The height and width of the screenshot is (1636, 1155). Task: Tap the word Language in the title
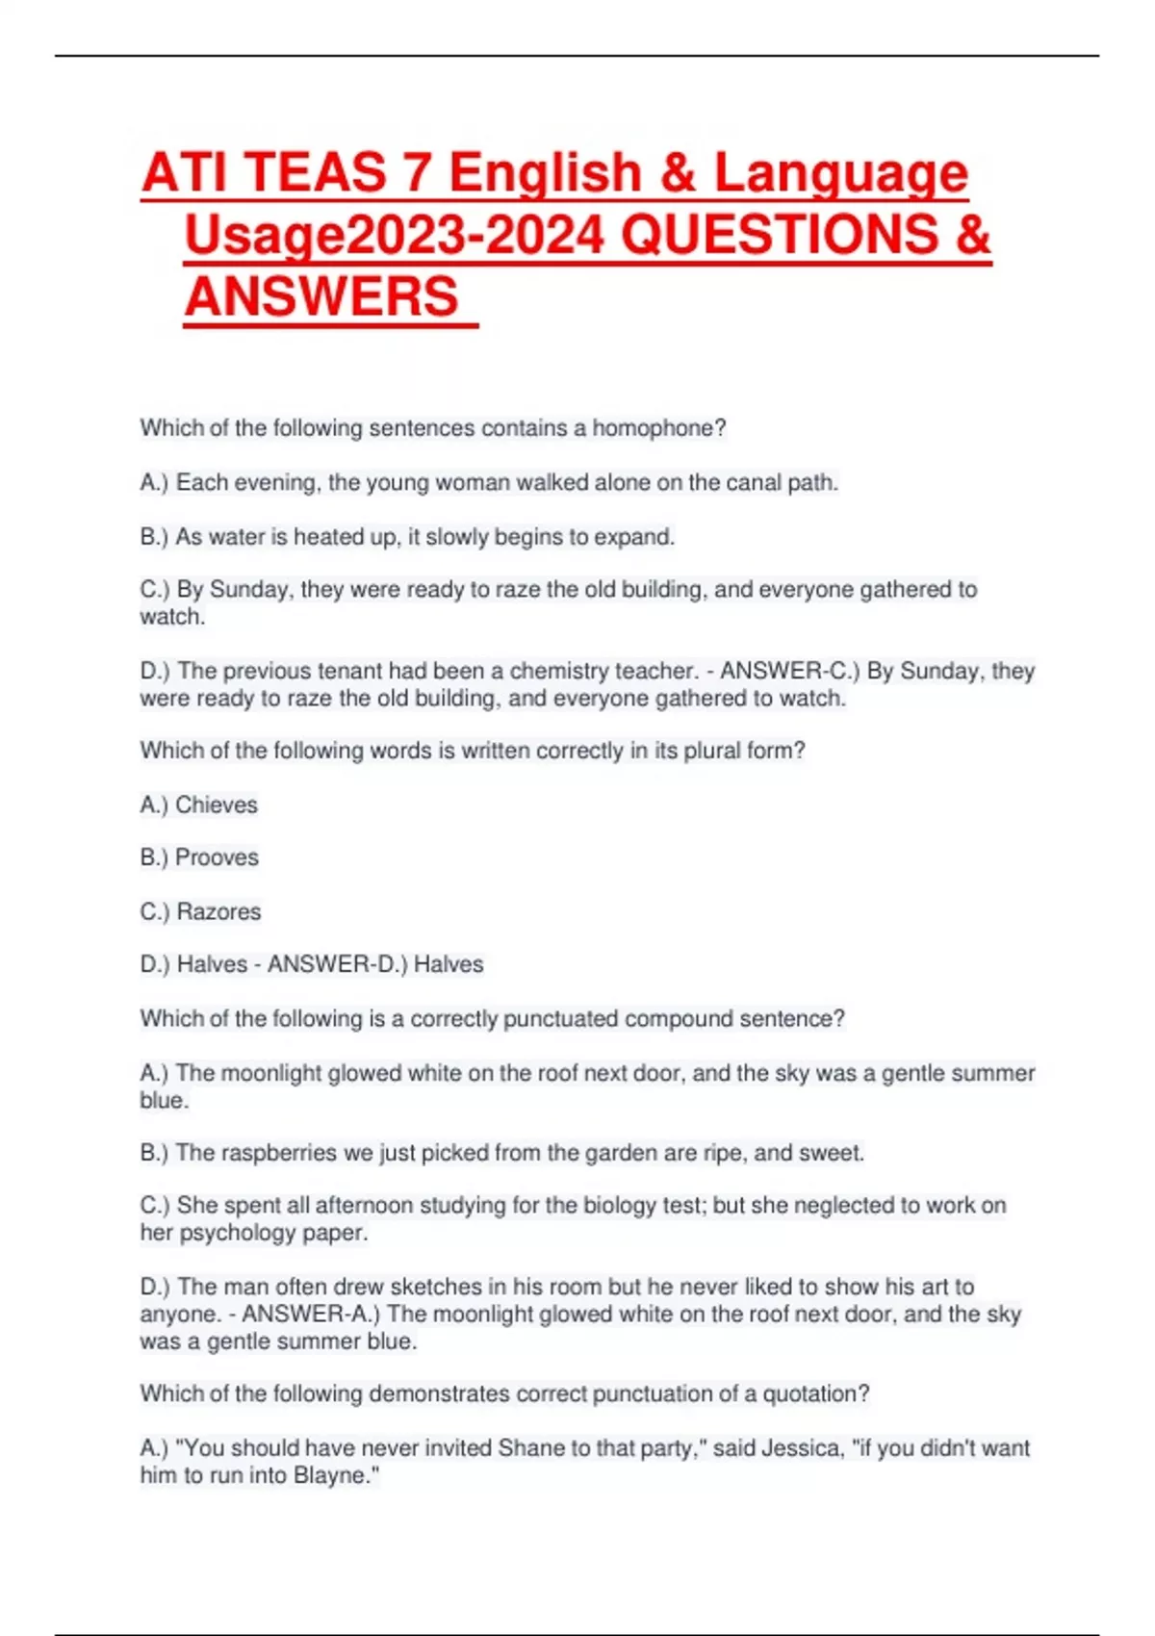840,173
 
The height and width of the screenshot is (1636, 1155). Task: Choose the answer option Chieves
216,805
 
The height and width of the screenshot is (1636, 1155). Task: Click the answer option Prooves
217,857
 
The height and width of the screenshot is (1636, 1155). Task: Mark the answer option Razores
218,911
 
